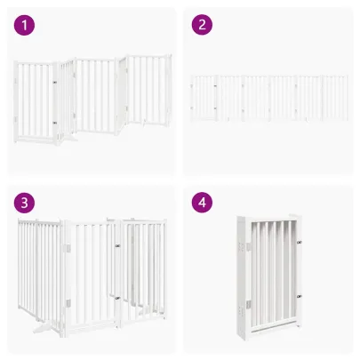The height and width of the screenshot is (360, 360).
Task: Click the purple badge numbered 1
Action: tap(24, 25)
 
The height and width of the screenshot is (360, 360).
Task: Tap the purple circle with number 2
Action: tap(202, 25)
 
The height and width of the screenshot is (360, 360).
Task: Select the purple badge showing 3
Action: tap(24, 203)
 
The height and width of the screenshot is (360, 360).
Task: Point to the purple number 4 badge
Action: tap(202, 203)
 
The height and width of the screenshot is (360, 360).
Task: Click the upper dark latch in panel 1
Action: tap(55, 82)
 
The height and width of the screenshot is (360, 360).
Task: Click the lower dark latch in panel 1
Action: tap(55, 123)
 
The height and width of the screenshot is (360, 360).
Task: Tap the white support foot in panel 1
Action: tap(70, 139)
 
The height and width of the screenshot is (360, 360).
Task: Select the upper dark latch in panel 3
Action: tap(117, 245)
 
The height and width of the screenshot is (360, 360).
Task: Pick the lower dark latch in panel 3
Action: tap(117, 298)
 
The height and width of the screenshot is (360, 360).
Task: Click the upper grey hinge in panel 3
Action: tap(68, 248)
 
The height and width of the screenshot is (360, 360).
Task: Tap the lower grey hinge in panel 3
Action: tap(68, 303)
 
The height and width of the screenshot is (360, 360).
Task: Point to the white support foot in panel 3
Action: tap(43, 327)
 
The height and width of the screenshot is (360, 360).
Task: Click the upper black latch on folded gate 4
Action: tap(300, 243)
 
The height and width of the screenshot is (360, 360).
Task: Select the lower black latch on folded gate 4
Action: tap(300, 296)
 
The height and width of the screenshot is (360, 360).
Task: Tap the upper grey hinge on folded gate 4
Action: tap(249, 246)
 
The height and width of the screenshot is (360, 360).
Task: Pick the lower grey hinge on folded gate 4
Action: tap(249, 304)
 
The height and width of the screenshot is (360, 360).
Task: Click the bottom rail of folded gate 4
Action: tap(274, 326)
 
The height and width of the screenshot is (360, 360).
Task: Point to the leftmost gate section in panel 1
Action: tap(36, 101)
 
